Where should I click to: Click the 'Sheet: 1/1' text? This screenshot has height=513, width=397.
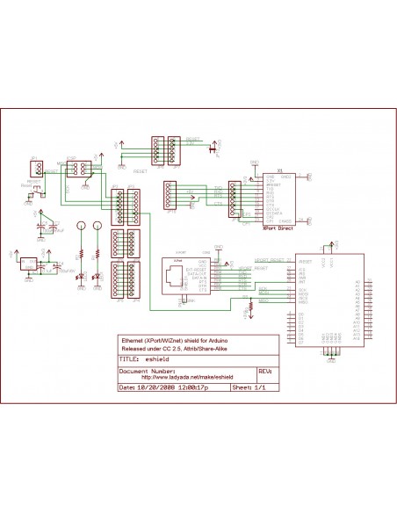(x=248, y=387)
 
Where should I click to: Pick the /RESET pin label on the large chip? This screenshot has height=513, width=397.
(x=306, y=262)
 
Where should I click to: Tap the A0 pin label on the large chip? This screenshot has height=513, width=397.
(x=357, y=282)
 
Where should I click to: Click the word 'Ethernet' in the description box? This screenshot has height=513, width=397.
(x=133, y=339)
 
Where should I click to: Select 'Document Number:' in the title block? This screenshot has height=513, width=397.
(x=145, y=371)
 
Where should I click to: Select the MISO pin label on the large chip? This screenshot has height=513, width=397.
(x=303, y=298)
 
